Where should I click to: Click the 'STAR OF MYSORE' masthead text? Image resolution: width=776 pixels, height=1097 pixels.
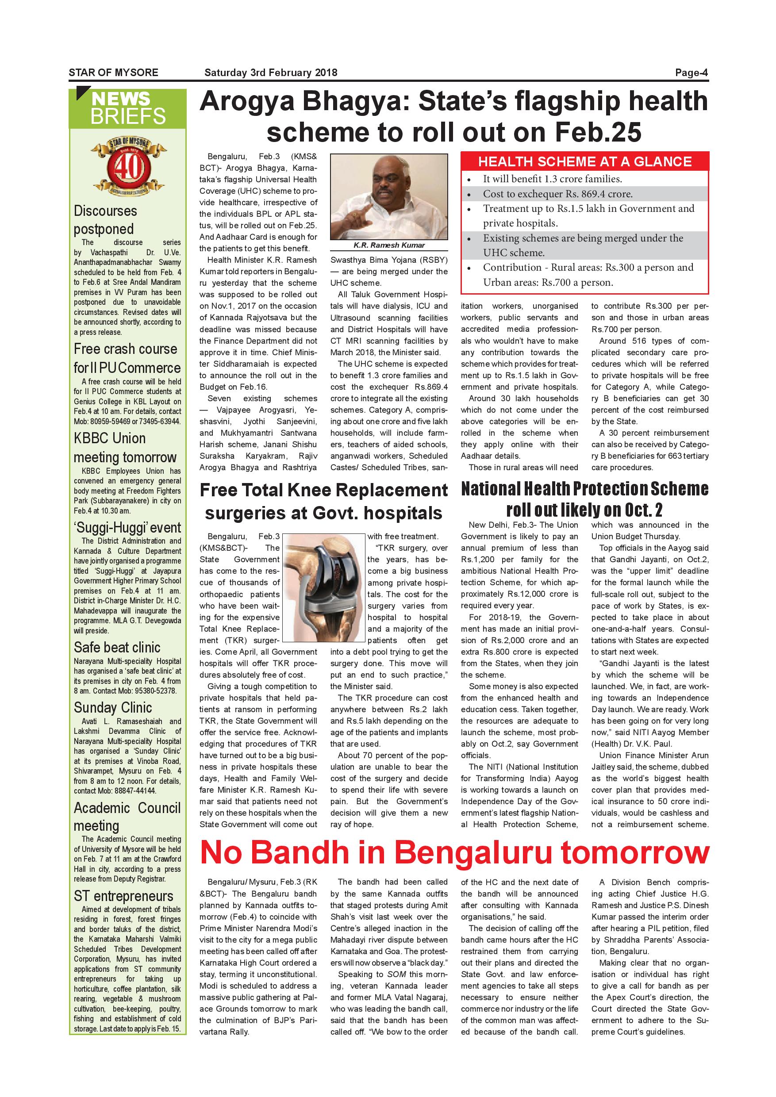click(x=113, y=73)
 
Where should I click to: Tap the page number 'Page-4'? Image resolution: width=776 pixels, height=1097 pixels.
click(x=691, y=73)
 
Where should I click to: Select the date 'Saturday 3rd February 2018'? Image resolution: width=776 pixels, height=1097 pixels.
click(x=270, y=73)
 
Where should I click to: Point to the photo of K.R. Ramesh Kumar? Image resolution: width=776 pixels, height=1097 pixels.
click(x=388, y=196)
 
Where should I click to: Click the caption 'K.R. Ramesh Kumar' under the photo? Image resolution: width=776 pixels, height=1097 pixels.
click(x=389, y=245)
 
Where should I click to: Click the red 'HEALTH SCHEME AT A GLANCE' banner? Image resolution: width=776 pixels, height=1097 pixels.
click(x=584, y=161)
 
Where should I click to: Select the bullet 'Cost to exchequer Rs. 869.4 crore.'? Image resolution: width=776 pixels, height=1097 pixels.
click(x=557, y=194)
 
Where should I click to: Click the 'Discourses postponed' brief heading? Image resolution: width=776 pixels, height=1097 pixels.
click(x=105, y=220)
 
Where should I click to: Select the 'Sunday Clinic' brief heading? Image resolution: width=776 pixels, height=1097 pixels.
click(x=113, y=707)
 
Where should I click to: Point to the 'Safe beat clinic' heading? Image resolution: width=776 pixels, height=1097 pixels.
click(x=117, y=648)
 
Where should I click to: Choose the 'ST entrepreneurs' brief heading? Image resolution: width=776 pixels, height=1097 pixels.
click(x=123, y=896)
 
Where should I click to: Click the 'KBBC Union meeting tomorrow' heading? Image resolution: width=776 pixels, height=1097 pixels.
click(x=125, y=448)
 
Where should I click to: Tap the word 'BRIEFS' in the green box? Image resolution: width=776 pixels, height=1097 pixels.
click(x=127, y=116)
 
